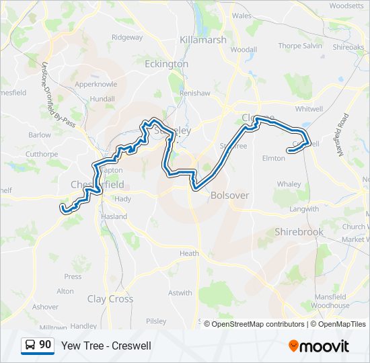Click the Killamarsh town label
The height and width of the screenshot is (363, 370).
click(202, 40)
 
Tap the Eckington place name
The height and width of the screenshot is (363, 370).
click(166, 63)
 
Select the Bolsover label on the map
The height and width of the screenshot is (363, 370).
click(230, 196)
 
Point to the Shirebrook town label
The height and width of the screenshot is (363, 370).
click(299, 232)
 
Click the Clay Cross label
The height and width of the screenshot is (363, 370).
click(110, 299)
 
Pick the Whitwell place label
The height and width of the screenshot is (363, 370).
click(309, 108)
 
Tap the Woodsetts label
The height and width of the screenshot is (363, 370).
click(346, 5)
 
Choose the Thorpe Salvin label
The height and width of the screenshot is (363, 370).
click(300, 46)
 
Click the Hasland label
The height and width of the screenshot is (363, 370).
click(114, 216)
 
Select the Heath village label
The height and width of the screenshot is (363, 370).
click(189, 253)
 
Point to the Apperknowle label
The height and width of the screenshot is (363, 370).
click(96, 85)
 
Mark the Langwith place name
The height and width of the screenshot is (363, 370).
click(304, 209)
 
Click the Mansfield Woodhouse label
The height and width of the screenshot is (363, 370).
click(330, 300)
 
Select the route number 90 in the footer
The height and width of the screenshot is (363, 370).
click(45, 345)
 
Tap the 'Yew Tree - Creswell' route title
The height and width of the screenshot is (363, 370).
click(106, 346)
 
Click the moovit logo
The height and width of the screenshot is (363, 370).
click(319, 346)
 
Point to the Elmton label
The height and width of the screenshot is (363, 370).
click(273, 159)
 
